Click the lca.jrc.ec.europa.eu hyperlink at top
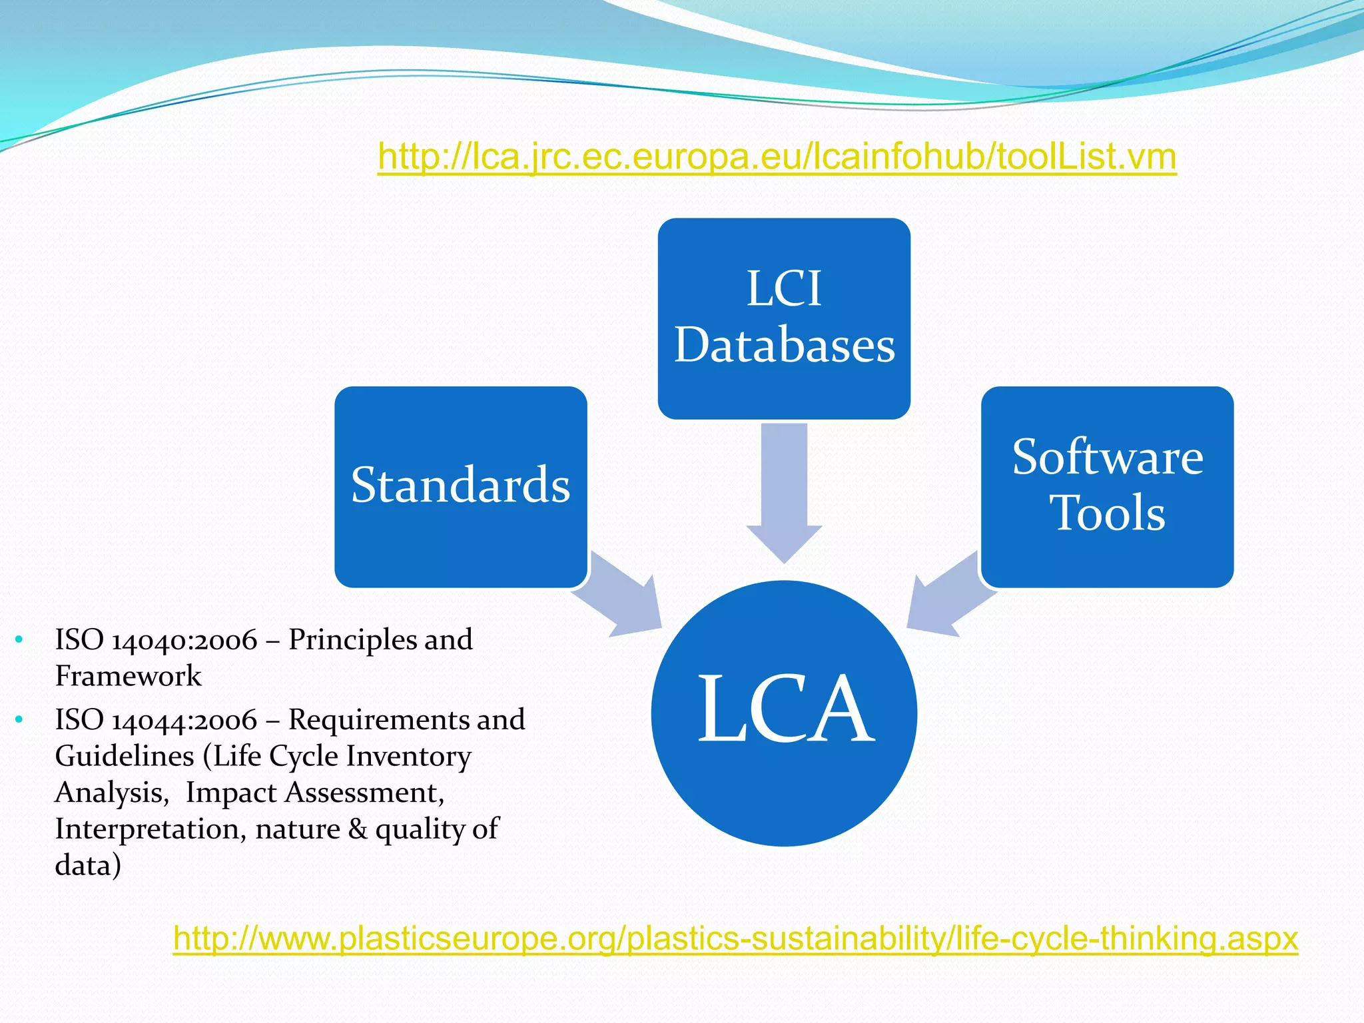coord(777,157)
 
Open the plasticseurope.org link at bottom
coord(735,938)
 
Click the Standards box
coord(460,486)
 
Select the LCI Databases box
coord(784,318)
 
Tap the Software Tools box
coord(1107,486)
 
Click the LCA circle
coord(784,713)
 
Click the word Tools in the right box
coord(1108,513)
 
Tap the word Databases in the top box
coord(785,345)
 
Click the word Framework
coord(128,677)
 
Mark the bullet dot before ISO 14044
coord(19,720)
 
